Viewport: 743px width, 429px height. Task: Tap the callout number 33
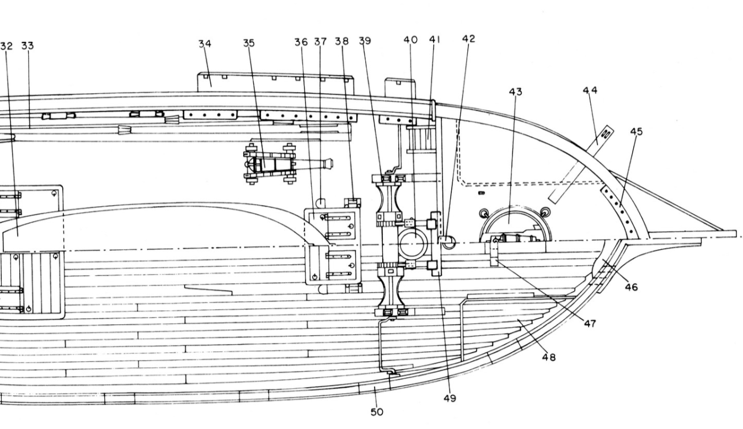coord(27,46)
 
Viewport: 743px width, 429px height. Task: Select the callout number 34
coord(205,44)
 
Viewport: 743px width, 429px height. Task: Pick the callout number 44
coord(590,90)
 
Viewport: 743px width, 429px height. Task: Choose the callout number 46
coord(631,287)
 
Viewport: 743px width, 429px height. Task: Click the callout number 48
coord(548,357)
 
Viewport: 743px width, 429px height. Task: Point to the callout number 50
coord(377,411)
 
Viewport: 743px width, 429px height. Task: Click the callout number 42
coord(468,39)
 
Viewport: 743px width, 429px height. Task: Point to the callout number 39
coord(364,41)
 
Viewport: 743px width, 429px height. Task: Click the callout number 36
coord(301,42)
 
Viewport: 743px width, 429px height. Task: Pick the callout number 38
coord(341,41)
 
